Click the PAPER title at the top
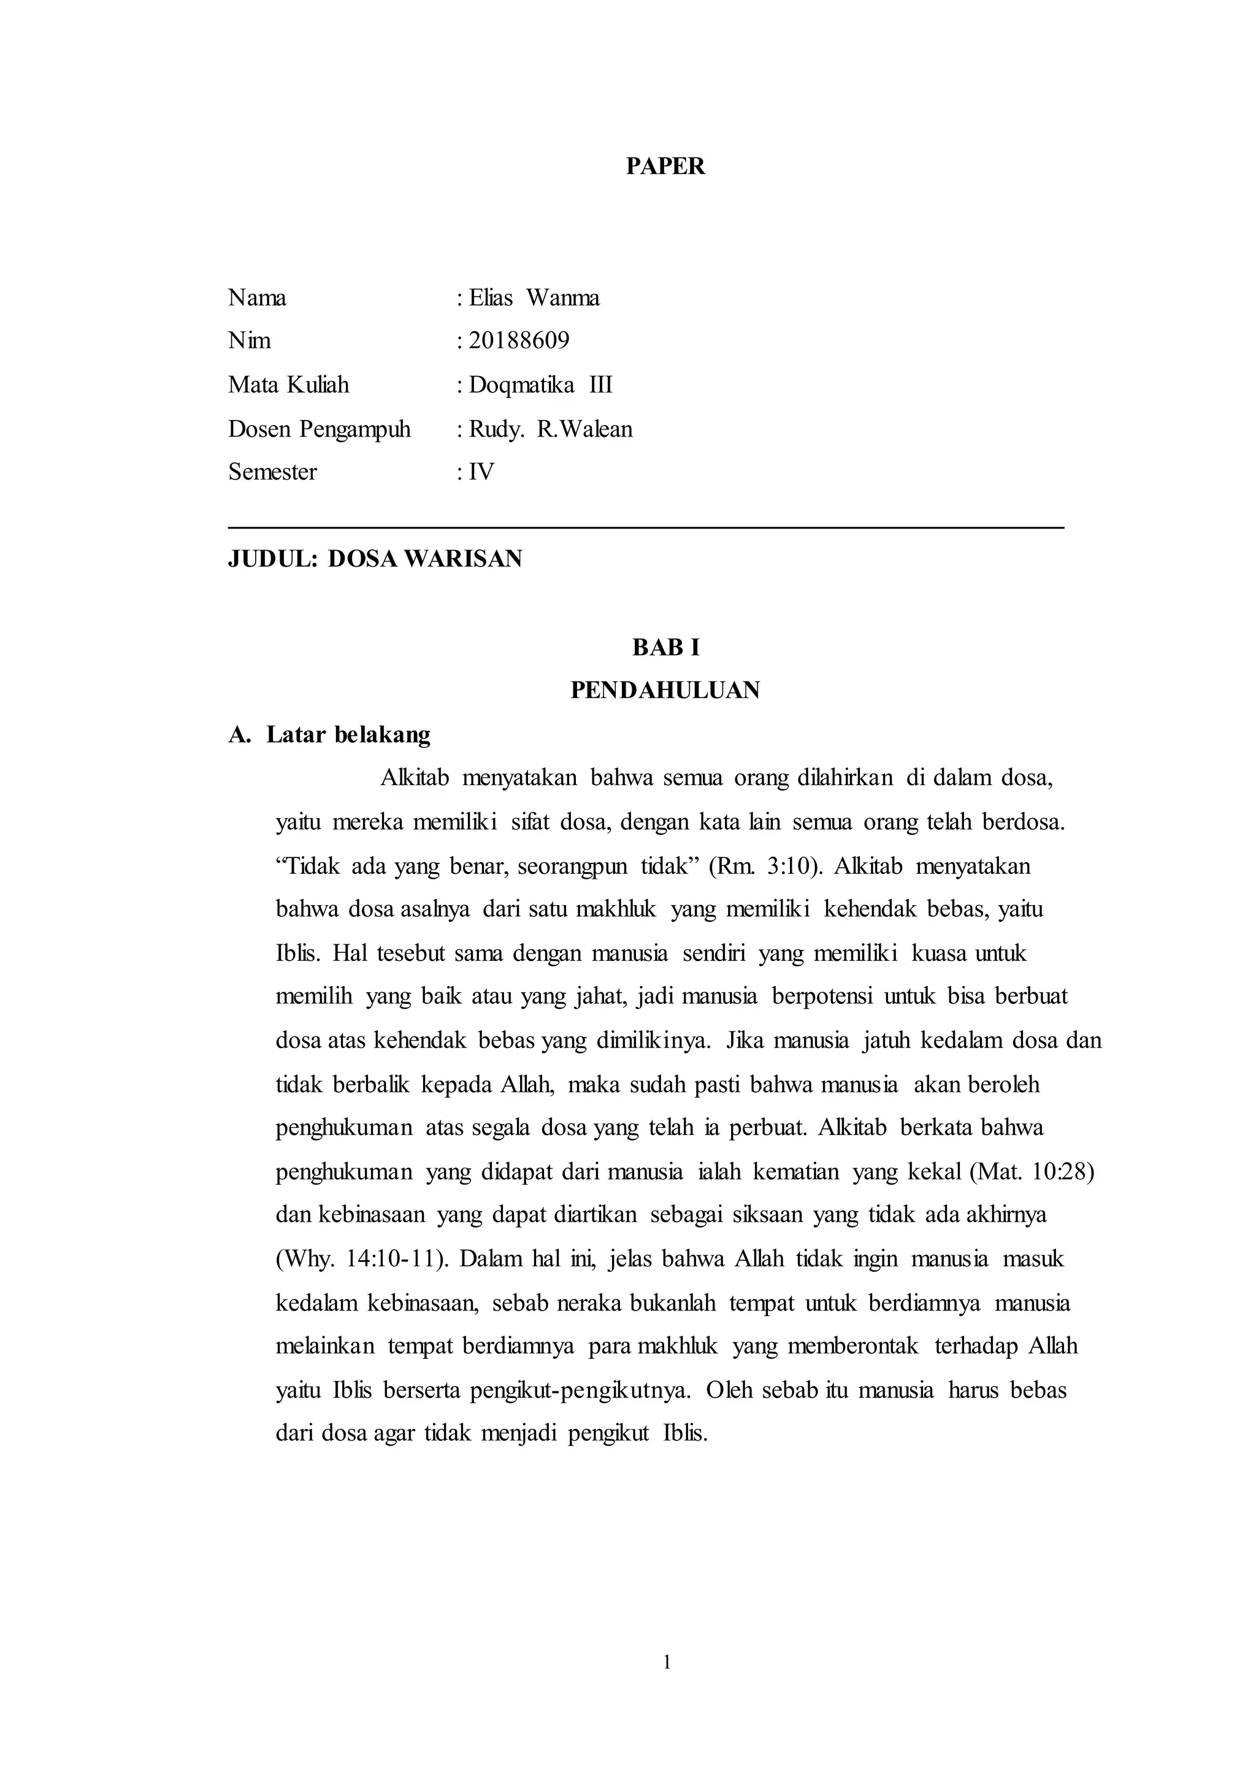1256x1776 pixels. (x=665, y=166)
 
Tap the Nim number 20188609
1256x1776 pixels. (x=519, y=340)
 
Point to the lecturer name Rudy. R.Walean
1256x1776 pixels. (x=551, y=429)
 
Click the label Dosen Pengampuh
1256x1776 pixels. (x=319, y=429)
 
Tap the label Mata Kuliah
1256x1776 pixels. (x=288, y=385)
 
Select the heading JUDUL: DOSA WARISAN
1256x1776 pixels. (x=375, y=559)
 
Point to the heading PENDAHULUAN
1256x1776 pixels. (x=665, y=690)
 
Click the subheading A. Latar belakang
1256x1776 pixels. (x=329, y=734)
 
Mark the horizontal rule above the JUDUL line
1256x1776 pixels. (x=646, y=528)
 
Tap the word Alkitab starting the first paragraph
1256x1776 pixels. (x=415, y=778)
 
